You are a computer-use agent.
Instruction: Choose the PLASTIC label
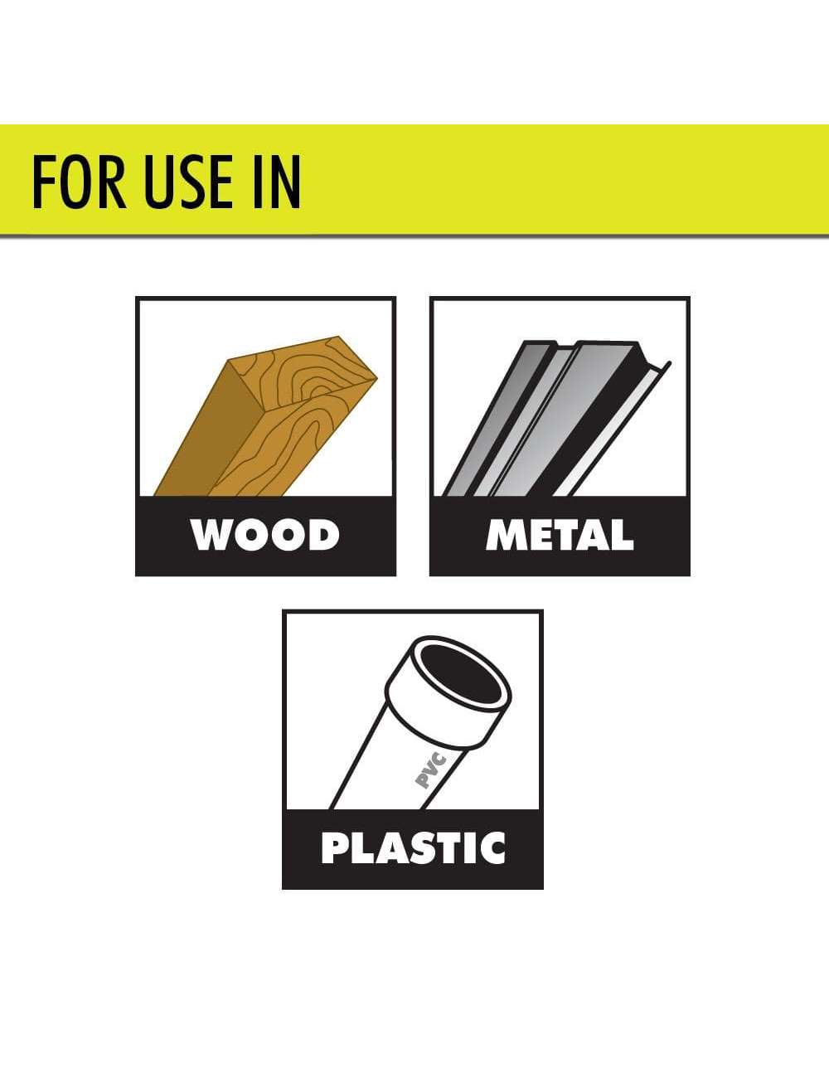pos(413,848)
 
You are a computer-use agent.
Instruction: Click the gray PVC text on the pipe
pos(430,771)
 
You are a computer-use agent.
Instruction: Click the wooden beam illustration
pos(266,417)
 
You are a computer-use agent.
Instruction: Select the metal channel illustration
pos(555,418)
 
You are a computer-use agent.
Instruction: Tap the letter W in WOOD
pos(211,536)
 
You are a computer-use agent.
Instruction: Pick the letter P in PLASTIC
pos(334,848)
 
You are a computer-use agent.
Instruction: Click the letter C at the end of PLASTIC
pos(492,848)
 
